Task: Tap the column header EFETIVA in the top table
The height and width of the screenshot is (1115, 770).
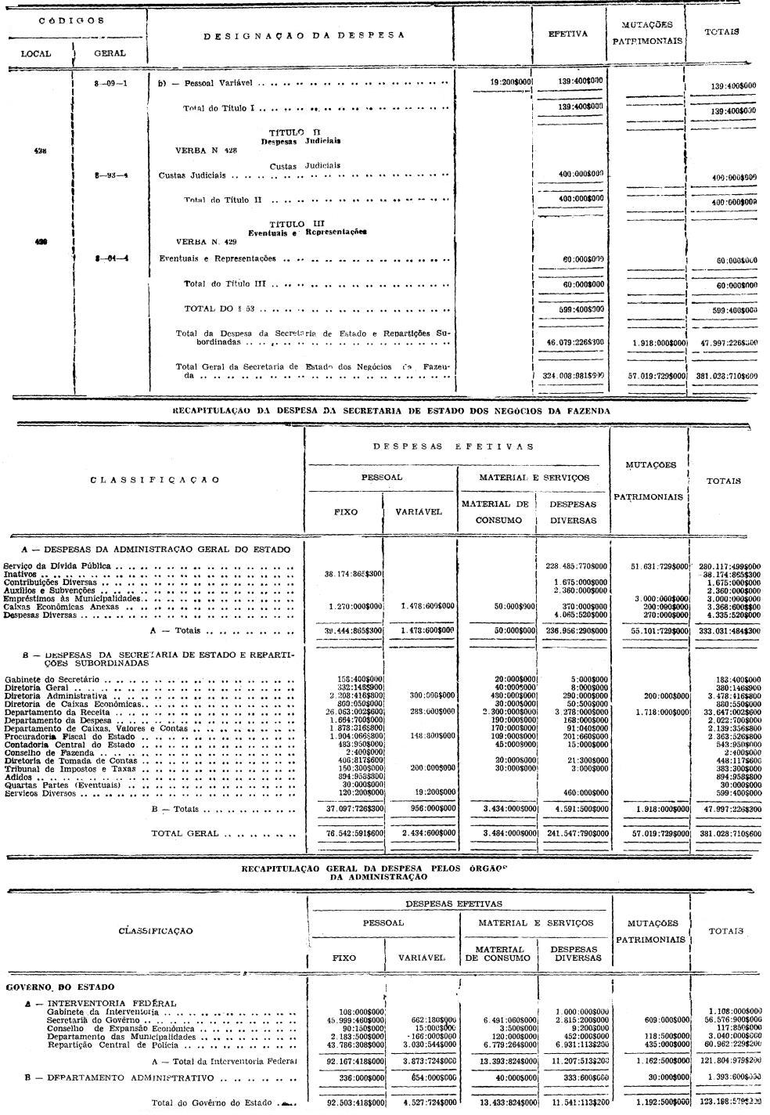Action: pyautogui.click(x=567, y=34)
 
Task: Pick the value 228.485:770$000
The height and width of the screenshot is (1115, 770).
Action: pyautogui.click(x=575, y=565)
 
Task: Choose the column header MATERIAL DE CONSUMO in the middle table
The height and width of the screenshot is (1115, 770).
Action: pyautogui.click(x=495, y=512)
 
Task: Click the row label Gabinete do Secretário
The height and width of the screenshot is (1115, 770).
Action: pyautogui.click(x=52, y=679)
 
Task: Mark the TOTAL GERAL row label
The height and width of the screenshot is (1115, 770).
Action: pyautogui.click(x=185, y=834)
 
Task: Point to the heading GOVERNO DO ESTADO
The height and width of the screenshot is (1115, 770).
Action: pyautogui.click(x=59, y=987)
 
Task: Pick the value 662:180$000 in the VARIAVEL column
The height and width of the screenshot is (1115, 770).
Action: pyautogui.click(x=426, y=1020)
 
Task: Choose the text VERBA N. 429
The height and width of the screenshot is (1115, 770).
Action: pyautogui.click(x=207, y=242)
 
